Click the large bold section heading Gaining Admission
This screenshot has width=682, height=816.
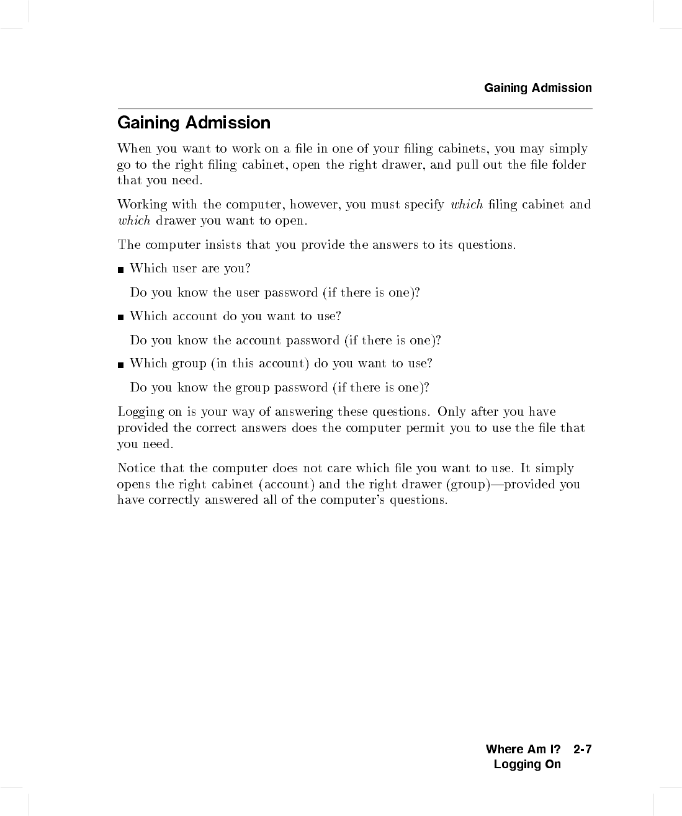tap(194, 123)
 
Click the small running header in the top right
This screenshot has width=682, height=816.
tap(537, 88)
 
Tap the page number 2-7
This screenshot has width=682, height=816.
tap(583, 750)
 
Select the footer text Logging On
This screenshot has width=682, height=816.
tap(527, 764)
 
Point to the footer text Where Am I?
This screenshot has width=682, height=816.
tap(523, 750)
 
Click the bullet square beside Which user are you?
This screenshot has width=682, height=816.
tap(120, 269)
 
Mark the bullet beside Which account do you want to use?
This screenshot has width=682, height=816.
tap(120, 317)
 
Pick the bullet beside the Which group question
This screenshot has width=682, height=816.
tap(120, 364)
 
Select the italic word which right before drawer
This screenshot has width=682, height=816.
tap(134, 221)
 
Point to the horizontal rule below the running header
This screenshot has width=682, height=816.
tap(355, 109)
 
